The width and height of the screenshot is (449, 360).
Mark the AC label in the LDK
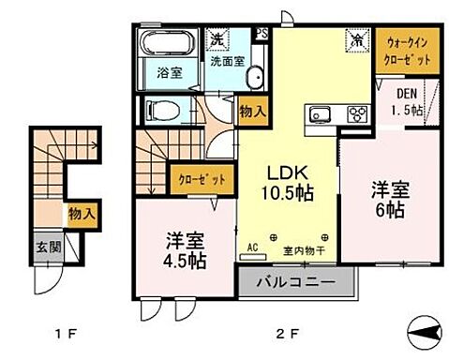pos(251,248)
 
